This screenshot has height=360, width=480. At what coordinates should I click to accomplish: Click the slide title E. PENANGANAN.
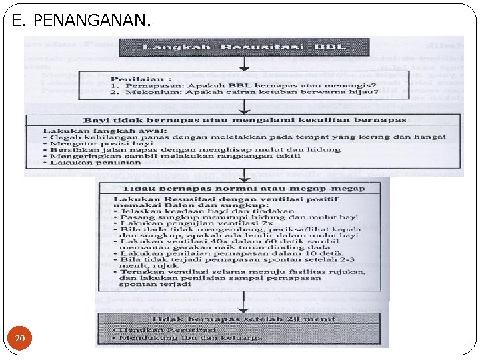click(x=81, y=22)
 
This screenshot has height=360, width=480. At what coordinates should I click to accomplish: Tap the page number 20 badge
click(x=20, y=339)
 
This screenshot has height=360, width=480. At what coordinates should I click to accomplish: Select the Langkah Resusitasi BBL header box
click(x=243, y=47)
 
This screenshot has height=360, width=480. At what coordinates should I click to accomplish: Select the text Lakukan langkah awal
click(x=103, y=131)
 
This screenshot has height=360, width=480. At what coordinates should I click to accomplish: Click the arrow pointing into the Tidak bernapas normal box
click(x=245, y=177)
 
